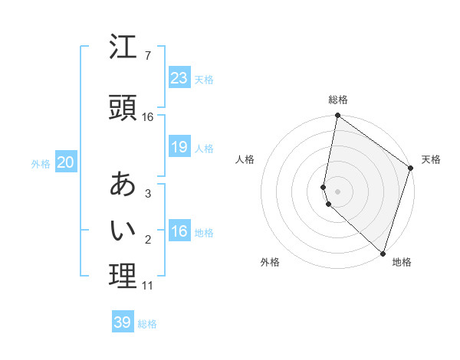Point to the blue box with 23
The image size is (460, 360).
pos(179,78)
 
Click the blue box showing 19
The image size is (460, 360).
pos(179,147)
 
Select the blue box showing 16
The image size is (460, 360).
pos(179,231)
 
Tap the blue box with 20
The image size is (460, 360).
pos(66,162)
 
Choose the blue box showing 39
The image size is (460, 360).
pos(123,322)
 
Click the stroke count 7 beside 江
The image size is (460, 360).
pos(147,56)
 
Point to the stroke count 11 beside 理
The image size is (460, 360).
pos(147,286)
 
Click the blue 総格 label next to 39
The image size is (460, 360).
pos(147,324)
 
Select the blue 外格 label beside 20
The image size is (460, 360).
pos(41,164)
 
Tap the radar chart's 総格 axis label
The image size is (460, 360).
pos(338,100)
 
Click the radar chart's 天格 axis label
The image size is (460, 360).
pos(432,159)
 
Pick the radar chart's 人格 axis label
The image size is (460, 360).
pos(245,159)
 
